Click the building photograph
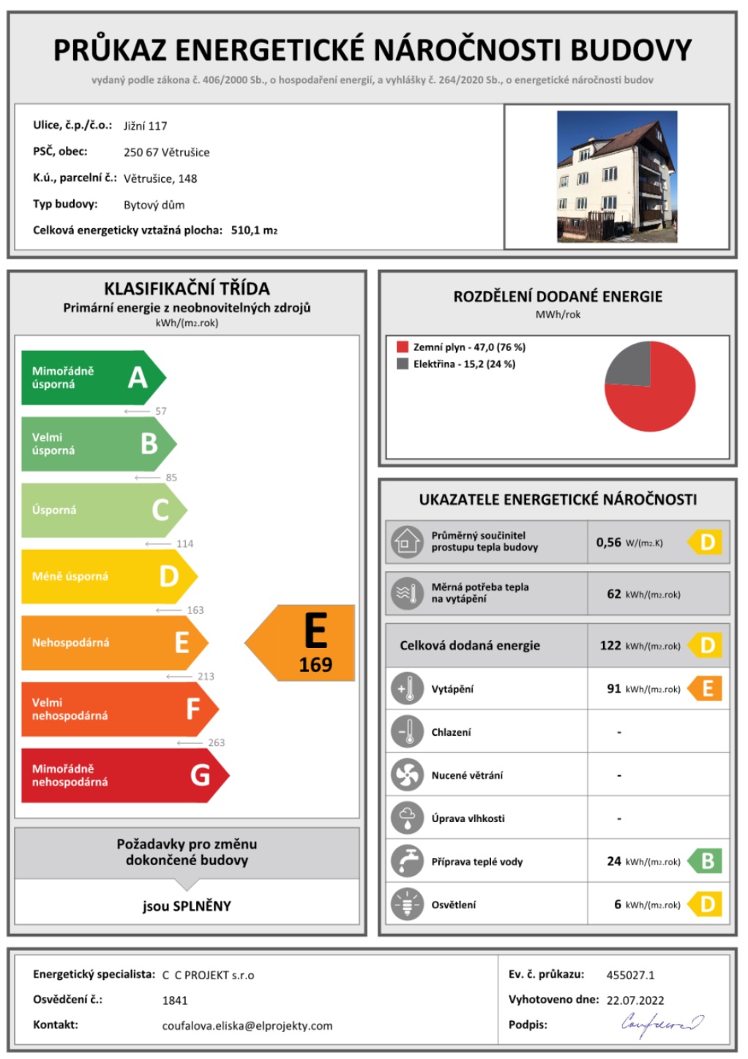tap(616, 176)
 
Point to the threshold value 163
tap(195, 610)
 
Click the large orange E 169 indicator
tap(307, 643)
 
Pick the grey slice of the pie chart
tap(629, 363)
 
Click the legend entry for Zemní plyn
tap(468, 347)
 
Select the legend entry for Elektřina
tap(463, 364)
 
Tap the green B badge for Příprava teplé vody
tap(706, 861)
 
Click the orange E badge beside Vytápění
tap(706, 688)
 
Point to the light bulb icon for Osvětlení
tap(407, 904)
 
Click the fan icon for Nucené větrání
tap(407, 775)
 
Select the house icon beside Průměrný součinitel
tap(407, 542)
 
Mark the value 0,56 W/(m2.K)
tap(629, 543)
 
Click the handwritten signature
tap(662, 1023)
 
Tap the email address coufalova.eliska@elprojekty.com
tap(247, 1025)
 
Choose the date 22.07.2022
tap(635, 1000)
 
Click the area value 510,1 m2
tap(254, 230)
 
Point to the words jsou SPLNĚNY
tap(187, 906)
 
